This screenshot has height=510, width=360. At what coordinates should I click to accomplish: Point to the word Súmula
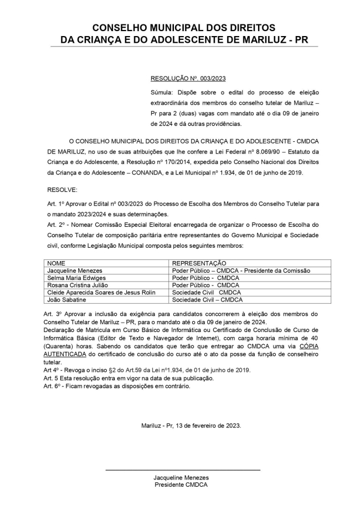[161, 91]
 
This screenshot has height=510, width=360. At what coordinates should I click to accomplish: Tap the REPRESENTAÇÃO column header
[199, 263]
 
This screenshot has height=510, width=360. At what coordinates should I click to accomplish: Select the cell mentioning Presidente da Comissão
[241, 271]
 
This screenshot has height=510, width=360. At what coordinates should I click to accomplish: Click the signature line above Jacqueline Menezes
[182, 470]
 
